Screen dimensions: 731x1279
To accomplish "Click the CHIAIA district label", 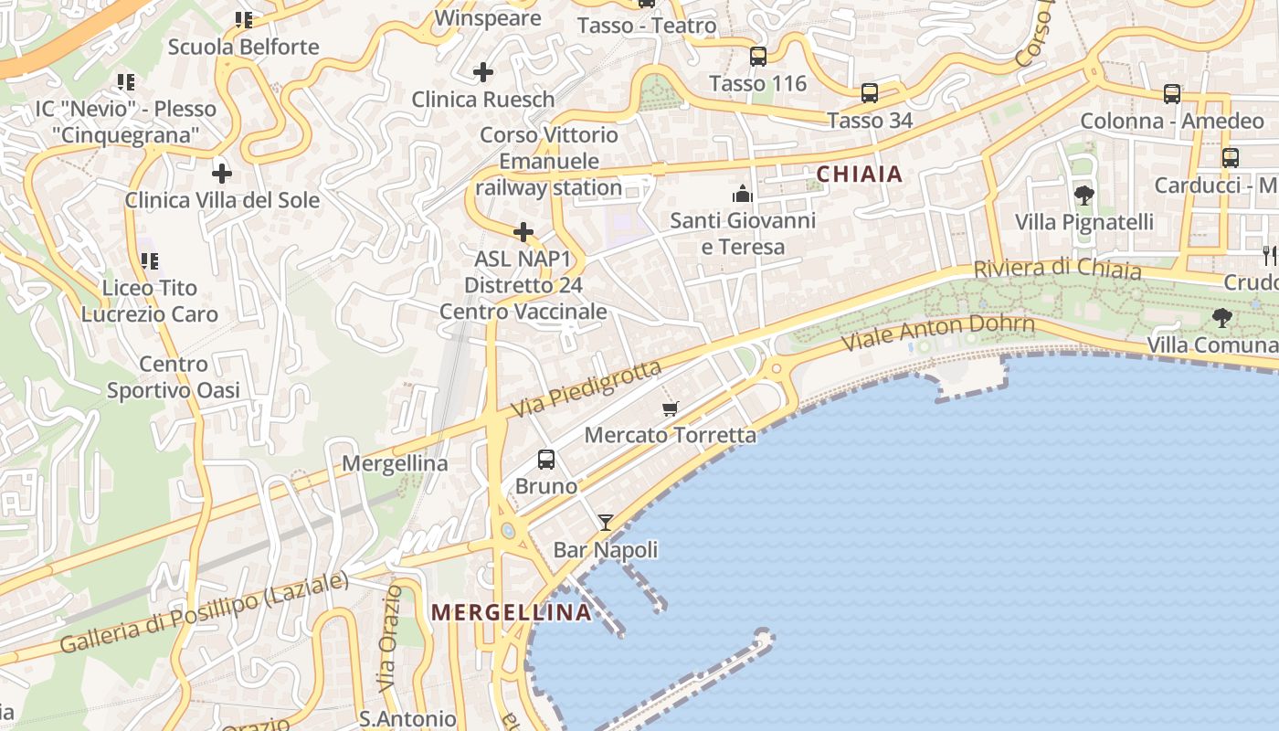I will pyautogui.click(x=859, y=174).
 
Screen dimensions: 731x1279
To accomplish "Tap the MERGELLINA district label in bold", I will pyautogui.click(x=512, y=612).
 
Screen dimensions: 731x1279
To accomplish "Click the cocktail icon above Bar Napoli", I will pyautogui.click(x=605, y=523).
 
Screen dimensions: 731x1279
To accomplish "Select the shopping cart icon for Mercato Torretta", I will pyautogui.click(x=671, y=408).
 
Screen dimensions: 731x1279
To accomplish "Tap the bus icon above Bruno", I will pyautogui.click(x=546, y=460).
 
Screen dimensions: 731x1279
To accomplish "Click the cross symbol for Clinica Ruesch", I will pyautogui.click(x=483, y=71).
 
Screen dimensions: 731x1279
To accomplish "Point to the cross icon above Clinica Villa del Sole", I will pyautogui.click(x=222, y=173).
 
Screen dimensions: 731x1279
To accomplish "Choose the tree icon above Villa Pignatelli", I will pyautogui.click(x=1084, y=195).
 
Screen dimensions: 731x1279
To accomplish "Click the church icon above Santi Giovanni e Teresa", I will pyautogui.click(x=742, y=194).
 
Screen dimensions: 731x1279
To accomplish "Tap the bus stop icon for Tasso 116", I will pyautogui.click(x=758, y=57).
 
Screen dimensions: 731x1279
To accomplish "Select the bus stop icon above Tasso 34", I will pyautogui.click(x=870, y=93).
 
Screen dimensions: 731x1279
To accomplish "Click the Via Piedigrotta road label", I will pyautogui.click(x=586, y=389).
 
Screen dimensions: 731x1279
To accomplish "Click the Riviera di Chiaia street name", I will pyautogui.click(x=1057, y=270).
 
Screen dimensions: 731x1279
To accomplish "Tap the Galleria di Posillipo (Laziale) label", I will pyautogui.click(x=205, y=612).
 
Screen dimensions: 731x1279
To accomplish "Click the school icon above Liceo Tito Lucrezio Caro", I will pyautogui.click(x=149, y=261).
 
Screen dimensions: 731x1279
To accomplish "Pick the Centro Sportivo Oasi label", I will pyautogui.click(x=174, y=377).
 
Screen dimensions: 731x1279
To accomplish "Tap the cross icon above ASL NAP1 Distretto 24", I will pyautogui.click(x=523, y=232).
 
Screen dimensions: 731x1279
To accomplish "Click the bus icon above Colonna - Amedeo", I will pyautogui.click(x=1172, y=93).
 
